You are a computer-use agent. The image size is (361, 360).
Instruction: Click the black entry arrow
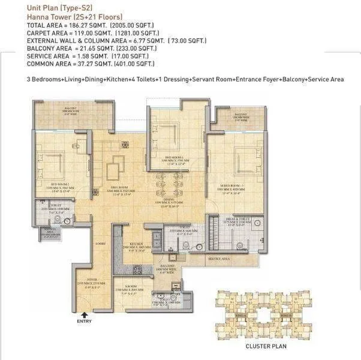pyautogui.click(x=85, y=313)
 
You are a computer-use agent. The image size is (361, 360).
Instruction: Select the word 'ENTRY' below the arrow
pyautogui.click(x=85, y=321)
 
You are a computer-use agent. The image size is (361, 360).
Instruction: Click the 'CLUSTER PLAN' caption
pyautogui.click(x=266, y=346)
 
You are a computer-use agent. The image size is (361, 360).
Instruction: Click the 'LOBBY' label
pyautogui.click(x=100, y=244)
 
